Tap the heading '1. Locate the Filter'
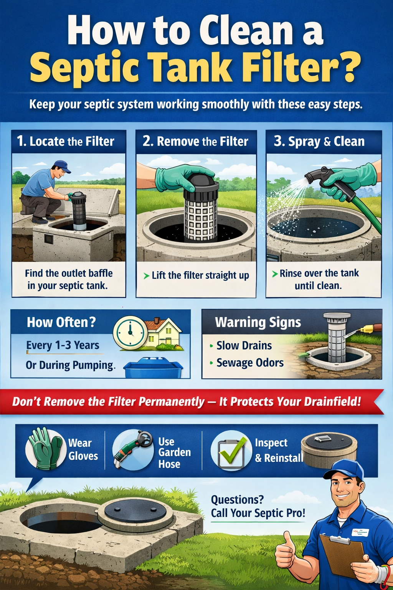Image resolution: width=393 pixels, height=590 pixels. [x=66, y=141]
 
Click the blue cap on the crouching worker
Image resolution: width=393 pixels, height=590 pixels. [x=62, y=166]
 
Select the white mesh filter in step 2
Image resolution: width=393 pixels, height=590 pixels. [x=200, y=217]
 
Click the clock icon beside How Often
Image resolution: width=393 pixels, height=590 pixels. [x=130, y=332]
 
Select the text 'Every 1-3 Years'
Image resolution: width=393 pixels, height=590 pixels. [x=63, y=345]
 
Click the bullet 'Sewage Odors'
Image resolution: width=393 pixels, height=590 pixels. [x=250, y=363]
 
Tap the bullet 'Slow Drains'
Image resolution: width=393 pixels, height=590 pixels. [x=244, y=345]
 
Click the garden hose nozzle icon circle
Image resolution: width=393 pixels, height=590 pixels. [x=133, y=449]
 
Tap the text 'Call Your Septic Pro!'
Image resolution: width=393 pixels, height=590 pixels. [x=258, y=513]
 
